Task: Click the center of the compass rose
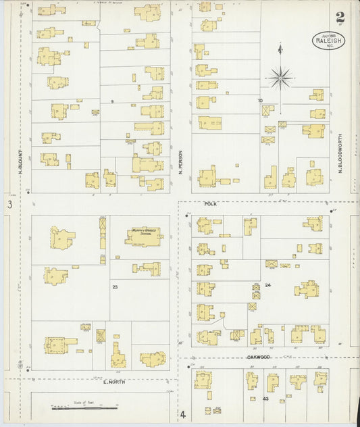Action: click(x=280, y=78)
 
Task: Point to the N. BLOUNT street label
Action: click(x=21, y=163)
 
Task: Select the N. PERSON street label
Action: click(x=181, y=163)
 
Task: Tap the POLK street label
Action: click(x=209, y=202)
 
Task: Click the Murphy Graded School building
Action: click(x=145, y=235)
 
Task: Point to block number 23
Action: click(x=115, y=287)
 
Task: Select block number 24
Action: click(x=268, y=286)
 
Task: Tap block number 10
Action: click(x=259, y=101)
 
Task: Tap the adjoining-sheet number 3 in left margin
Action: click(x=9, y=204)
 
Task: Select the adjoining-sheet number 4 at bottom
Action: click(x=182, y=414)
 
